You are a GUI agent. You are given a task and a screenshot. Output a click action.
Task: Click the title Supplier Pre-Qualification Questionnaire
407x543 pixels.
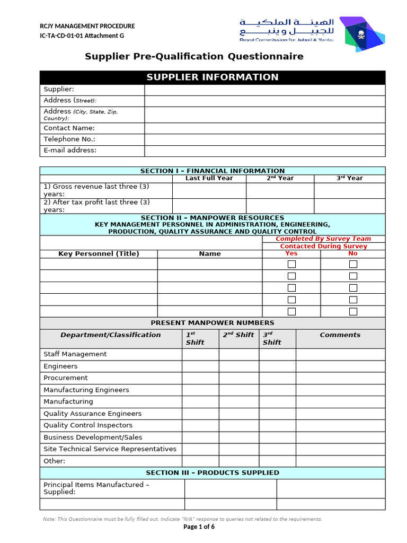194,56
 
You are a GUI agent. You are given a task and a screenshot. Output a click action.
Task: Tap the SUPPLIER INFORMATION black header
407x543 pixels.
212,77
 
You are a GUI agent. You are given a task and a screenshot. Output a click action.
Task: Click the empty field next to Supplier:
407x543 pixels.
264,90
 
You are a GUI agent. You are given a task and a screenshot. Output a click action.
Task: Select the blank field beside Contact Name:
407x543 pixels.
264,128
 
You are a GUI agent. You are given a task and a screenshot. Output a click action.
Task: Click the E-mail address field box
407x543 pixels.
264,151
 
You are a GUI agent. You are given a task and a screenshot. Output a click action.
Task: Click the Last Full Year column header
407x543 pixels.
209,178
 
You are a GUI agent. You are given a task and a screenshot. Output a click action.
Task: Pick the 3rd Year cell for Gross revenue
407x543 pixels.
349,190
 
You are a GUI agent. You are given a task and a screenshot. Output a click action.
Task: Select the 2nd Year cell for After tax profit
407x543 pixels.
280,206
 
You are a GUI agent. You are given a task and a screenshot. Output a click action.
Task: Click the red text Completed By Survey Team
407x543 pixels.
323,239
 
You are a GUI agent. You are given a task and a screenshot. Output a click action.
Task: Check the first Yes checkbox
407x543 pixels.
291,264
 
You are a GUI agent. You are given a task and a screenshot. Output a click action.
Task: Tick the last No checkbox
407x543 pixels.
353,311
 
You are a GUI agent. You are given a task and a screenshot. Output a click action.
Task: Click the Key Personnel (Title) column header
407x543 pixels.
99,253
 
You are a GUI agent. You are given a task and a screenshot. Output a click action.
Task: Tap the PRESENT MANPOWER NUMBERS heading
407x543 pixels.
212,323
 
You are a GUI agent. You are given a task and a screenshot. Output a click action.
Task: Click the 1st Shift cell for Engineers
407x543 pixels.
200,366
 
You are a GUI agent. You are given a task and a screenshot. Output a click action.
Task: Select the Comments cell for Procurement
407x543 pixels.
340,378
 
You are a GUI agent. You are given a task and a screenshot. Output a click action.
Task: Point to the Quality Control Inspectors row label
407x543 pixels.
88,425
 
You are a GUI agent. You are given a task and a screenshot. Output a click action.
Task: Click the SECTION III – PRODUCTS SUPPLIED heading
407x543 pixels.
212,472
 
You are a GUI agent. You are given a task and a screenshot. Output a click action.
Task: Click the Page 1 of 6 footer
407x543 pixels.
199,527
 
